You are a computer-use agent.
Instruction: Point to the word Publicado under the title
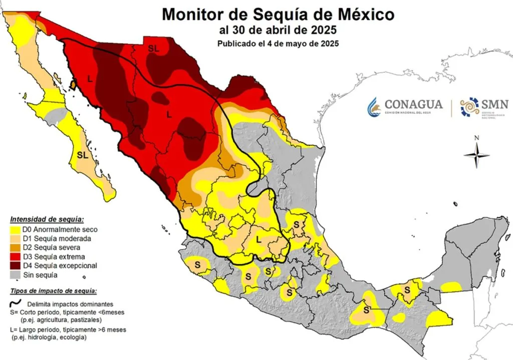point(238,44)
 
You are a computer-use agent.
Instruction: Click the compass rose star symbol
point(476,155)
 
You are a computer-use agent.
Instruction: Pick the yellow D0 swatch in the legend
point(16,229)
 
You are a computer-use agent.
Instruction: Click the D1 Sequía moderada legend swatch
point(16,238)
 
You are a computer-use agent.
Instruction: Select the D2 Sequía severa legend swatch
point(16,247)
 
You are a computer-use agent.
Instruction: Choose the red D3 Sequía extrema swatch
point(16,256)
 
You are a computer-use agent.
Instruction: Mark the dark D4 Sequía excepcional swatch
point(16,265)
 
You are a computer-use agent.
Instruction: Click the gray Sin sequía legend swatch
point(16,274)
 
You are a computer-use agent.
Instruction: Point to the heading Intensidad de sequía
point(47,219)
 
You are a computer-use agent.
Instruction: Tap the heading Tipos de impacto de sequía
point(53,291)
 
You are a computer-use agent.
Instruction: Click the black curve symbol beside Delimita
point(16,303)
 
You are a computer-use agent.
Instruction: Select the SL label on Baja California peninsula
point(83,155)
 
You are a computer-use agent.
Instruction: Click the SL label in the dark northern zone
point(154,49)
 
